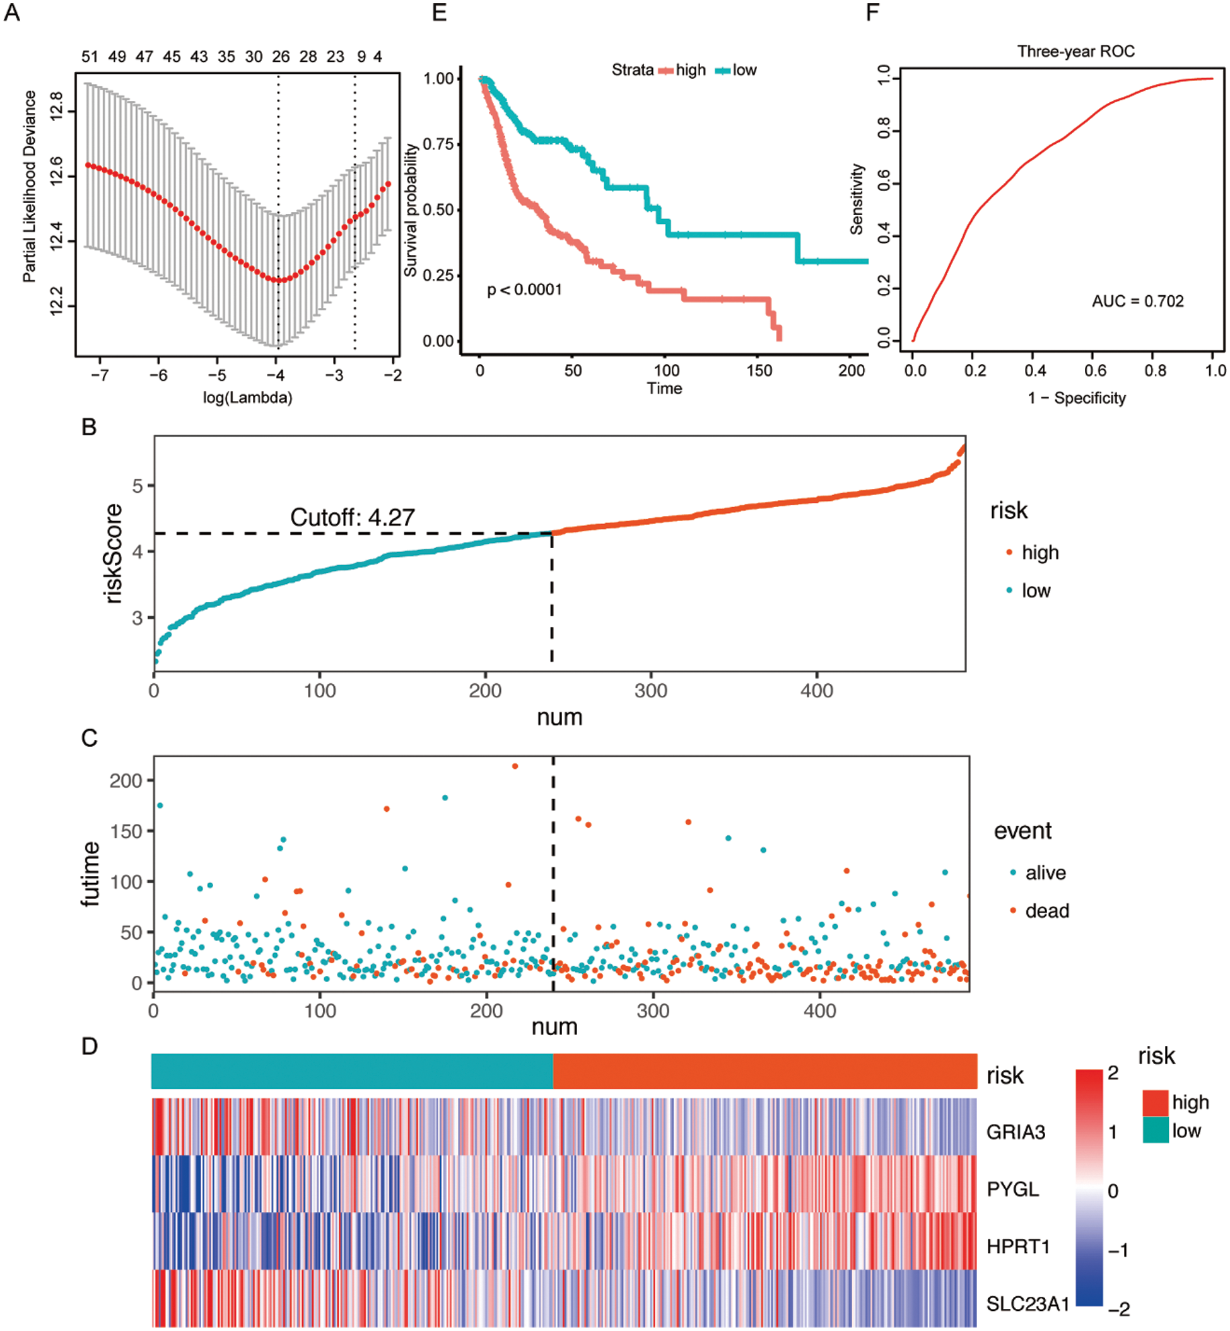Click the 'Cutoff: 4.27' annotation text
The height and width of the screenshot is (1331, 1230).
(352, 517)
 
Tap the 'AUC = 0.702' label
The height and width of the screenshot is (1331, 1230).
(1137, 302)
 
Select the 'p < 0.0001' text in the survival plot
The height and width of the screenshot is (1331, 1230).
(524, 290)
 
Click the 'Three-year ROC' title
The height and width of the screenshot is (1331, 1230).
(1075, 51)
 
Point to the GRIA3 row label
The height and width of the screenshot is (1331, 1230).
(1016, 1132)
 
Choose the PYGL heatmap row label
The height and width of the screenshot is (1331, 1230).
(1012, 1189)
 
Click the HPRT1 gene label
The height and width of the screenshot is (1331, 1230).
(1017, 1246)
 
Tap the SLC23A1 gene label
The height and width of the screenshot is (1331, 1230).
(1028, 1304)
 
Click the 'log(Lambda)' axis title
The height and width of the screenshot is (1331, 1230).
(248, 398)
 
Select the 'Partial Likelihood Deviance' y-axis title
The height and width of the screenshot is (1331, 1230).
(29, 186)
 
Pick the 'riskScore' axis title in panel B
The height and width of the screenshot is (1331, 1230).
(113, 554)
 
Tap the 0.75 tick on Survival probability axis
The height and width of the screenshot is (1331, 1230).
(438, 144)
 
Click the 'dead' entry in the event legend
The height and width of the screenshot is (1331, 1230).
(1047, 910)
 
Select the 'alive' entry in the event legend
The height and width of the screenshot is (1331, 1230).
(1045, 872)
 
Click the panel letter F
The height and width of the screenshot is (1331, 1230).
(872, 12)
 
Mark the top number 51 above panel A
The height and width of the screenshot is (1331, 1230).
(90, 57)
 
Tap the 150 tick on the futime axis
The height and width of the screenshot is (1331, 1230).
(126, 831)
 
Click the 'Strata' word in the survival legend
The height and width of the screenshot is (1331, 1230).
(632, 70)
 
